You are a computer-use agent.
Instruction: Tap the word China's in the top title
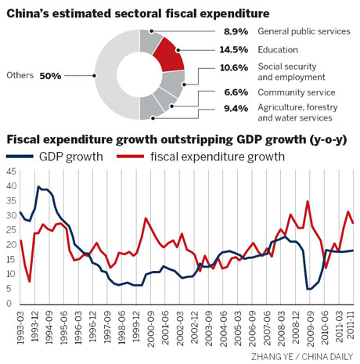[x=31, y=11]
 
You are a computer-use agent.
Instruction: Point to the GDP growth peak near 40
[x=39, y=188]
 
